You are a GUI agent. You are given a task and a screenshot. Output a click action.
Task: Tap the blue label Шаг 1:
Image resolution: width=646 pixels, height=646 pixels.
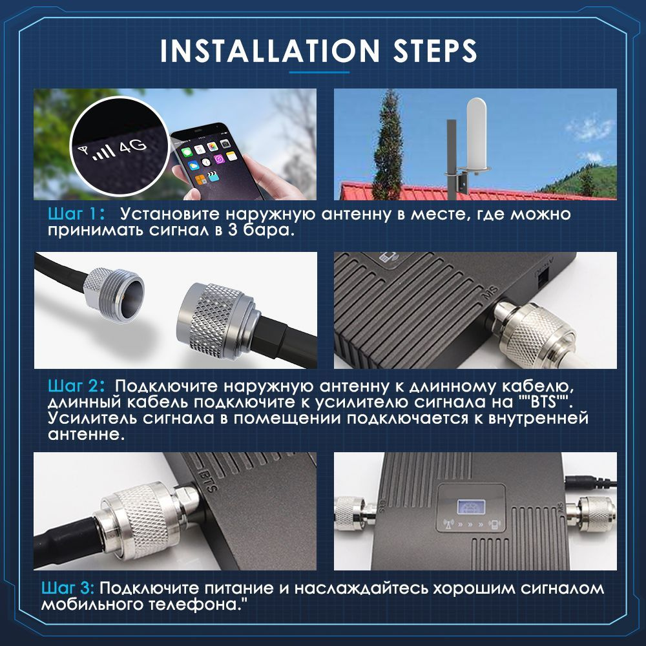coord(76,214)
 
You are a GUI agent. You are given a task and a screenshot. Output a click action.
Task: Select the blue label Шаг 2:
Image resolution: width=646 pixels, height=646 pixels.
coord(76,386)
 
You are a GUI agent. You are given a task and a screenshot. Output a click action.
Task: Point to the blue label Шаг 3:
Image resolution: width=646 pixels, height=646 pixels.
coord(68,588)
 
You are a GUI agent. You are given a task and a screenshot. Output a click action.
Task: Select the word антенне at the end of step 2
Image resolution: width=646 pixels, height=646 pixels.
coord(86,434)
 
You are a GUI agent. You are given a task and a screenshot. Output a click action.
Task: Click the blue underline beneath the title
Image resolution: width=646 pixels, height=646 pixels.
coord(319,72)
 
